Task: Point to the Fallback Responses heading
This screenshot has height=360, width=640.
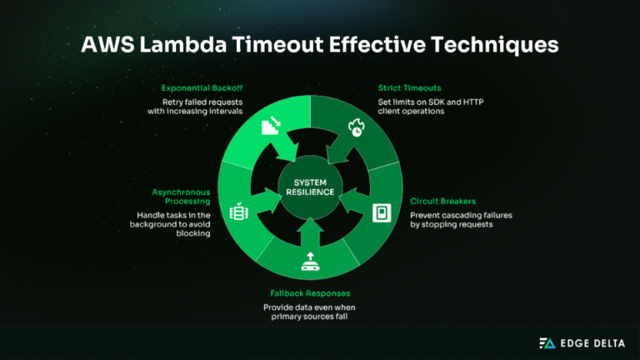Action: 310,293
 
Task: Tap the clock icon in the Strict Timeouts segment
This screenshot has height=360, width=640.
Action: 357,128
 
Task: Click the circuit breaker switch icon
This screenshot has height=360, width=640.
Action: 379,212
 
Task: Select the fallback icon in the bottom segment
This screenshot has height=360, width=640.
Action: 311,262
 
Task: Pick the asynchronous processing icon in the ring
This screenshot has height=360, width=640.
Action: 238,212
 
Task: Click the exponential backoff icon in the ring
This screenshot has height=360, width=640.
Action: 270,127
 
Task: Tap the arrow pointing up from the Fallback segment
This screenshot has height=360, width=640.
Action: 311,227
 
